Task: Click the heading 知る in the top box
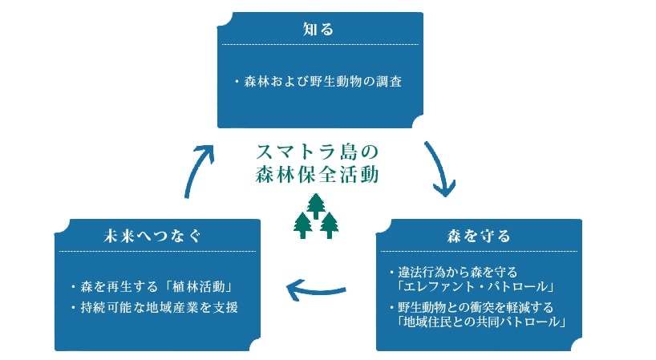point(318,29)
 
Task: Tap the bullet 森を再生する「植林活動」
point(156,286)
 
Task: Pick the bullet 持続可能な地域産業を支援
point(156,306)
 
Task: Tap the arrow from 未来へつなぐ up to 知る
point(200,169)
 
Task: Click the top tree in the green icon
point(316,206)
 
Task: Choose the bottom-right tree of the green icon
point(329,225)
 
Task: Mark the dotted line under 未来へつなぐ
point(157,251)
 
